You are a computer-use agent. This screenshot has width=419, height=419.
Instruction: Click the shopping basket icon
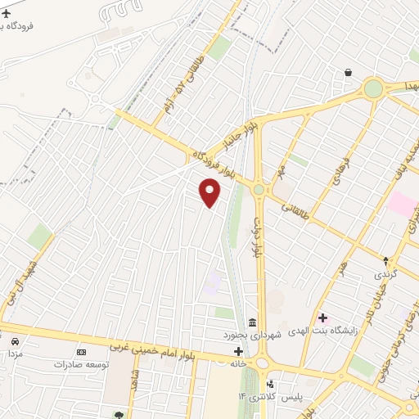coord(349,73)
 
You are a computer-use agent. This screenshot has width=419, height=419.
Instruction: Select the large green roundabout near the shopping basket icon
coord(374,88)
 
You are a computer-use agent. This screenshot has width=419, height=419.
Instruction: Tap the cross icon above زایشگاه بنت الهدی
coord(322,317)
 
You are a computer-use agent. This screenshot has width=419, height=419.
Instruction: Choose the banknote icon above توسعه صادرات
coord(80,350)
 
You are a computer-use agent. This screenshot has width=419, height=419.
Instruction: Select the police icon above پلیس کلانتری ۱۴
coord(270,384)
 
